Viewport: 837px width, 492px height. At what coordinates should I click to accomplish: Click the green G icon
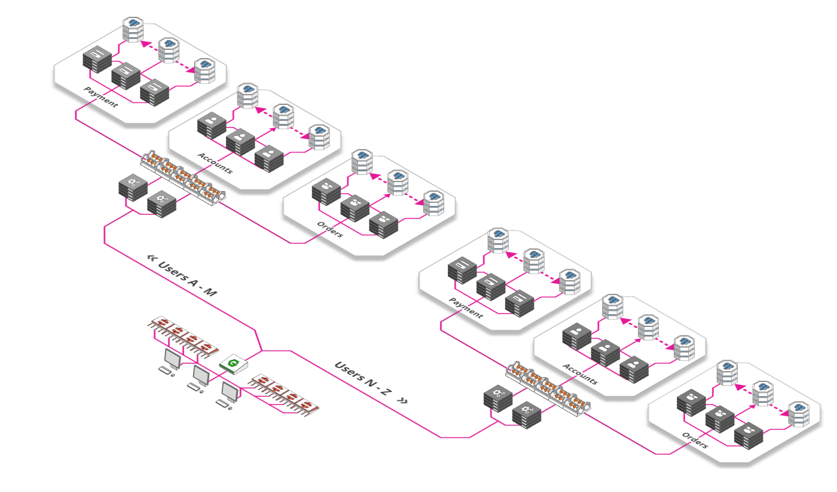click(233, 363)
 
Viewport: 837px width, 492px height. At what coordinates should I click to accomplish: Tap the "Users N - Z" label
click(363, 378)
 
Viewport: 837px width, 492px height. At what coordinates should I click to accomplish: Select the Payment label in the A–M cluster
click(101, 97)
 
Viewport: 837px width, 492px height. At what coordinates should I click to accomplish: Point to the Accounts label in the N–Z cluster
click(581, 373)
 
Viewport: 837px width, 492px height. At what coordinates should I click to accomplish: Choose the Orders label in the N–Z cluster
click(695, 440)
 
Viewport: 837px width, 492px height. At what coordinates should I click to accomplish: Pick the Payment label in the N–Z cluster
click(466, 308)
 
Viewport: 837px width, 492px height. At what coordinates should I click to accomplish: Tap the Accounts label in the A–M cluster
click(215, 163)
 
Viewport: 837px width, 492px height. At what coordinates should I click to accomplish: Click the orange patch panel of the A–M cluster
click(183, 178)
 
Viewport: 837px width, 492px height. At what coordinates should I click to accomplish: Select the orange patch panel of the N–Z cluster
click(548, 389)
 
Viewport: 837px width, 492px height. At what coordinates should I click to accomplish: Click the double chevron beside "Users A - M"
click(152, 258)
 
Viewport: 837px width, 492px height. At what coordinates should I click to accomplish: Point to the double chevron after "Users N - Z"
click(402, 400)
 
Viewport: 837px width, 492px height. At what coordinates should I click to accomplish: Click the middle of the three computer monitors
click(201, 375)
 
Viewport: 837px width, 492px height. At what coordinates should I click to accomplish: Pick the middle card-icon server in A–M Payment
click(126, 76)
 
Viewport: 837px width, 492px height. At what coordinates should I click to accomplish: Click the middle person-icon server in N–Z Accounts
click(605, 353)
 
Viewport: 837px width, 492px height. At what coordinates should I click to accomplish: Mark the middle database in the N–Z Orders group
click(763, 393)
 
